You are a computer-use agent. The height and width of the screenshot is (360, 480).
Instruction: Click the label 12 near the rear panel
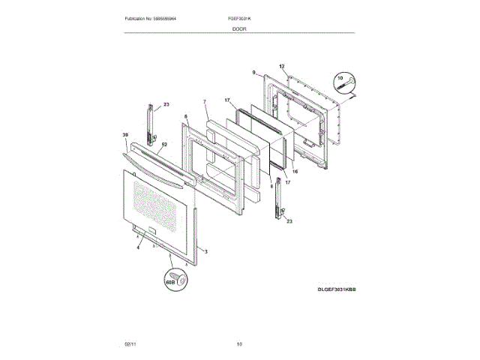tap(282, 66)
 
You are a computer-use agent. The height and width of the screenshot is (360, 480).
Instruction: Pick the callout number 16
tap(294, 172)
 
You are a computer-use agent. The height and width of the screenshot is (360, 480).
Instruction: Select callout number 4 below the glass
tap(138, 237)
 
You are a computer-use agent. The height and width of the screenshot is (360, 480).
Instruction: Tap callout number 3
tap(205, 252)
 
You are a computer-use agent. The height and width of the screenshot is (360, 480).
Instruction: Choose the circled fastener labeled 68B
tap(177, 278)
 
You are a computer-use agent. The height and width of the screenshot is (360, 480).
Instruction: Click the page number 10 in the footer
tap(239, 343)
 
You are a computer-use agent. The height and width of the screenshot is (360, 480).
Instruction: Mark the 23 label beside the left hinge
tap(166, 103)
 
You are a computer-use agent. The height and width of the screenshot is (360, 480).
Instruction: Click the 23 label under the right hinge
tap(289, 221)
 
